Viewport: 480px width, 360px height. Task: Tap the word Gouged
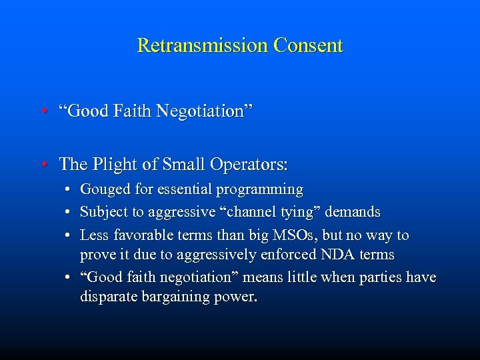click(x=103, y=190)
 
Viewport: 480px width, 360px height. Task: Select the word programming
click(x=261, y=190)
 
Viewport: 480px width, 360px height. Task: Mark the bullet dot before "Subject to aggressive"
click(x=69, y=213)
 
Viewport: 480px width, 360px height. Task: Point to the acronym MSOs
click(x=315, y=235)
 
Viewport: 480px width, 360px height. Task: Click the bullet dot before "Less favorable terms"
click(x=69, y=235)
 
